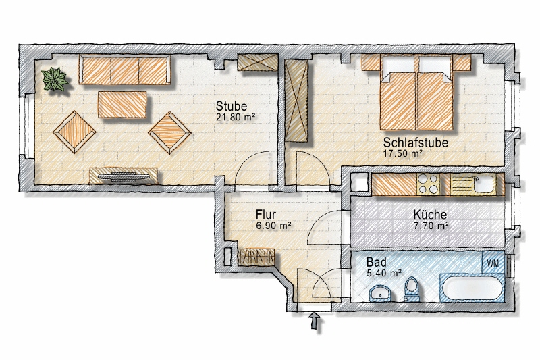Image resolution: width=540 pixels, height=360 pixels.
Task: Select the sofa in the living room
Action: point(124,70)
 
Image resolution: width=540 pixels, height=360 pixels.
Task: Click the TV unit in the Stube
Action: point(125,177)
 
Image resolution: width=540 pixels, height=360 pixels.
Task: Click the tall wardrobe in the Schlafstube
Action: point(297,100)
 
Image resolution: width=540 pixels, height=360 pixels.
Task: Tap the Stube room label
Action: point(232,107)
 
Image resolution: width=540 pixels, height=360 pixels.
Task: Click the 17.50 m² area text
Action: point(403,153)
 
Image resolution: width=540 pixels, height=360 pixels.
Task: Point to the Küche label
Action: point(431,215)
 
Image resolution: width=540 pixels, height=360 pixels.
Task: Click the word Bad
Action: point(376,261)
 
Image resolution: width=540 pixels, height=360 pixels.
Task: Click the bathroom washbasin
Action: point(380,292)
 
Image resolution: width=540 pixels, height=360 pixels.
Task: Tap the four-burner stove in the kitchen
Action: point(427,184)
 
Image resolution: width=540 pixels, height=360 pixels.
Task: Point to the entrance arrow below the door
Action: point(315,323)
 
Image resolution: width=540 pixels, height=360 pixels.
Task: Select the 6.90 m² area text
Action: point(273,226)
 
